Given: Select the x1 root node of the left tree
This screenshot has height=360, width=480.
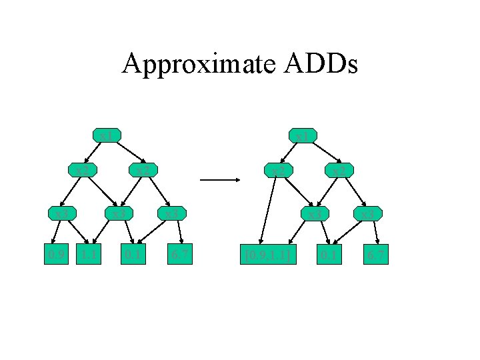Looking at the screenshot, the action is coord(106,137).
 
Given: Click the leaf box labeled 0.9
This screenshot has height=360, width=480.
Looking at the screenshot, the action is coord(55,255).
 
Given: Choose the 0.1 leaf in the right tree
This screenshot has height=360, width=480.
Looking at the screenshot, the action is coord(328,255).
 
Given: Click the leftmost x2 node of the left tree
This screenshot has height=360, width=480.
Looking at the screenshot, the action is coord(83,171).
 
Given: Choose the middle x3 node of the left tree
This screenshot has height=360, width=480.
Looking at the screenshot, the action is coord(119,214).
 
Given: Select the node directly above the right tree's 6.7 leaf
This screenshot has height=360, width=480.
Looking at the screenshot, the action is coord(368,214).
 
